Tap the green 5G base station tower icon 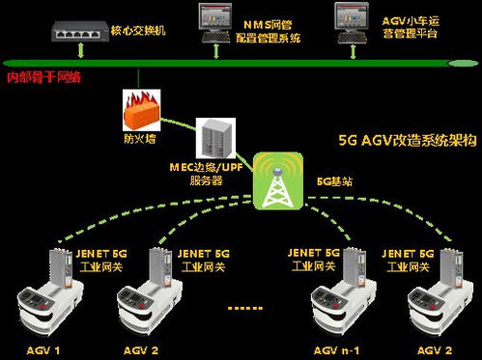click(x=278, y=180)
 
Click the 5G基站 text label click(x=335, y=181)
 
